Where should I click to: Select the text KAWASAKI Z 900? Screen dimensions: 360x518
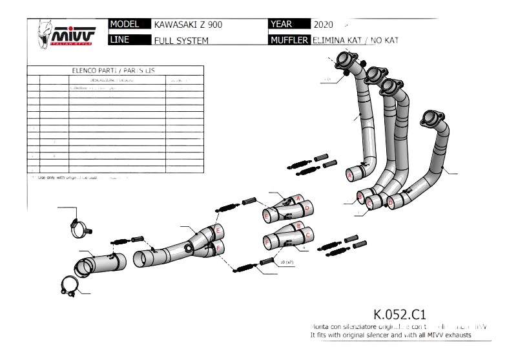(185, 25)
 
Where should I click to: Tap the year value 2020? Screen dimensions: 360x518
(322, 25)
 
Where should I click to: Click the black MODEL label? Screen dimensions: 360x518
(127, 25)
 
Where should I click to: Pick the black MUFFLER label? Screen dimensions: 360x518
(289, 40)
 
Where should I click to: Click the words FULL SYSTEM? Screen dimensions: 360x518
(181, 41)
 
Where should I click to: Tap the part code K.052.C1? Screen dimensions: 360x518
(400, 315)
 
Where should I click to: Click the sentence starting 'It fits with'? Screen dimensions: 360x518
(391, 336)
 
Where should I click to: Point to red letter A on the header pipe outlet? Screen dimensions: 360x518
(350, 175)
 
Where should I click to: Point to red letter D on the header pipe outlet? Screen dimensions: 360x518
(390, 203)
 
